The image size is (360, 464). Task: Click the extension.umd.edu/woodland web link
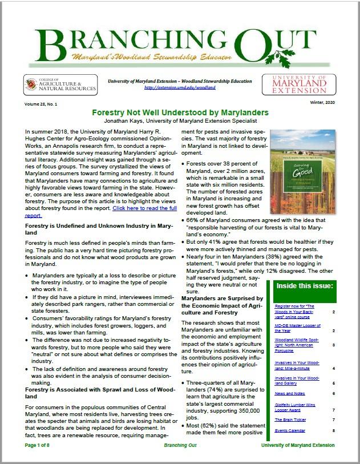[180, 88]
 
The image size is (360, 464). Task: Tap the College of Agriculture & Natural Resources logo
[60, 85]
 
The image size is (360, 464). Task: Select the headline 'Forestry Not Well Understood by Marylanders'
[180, 112]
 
